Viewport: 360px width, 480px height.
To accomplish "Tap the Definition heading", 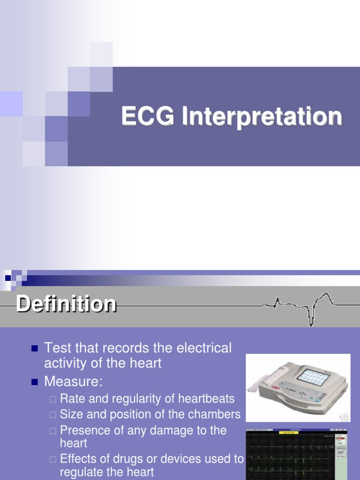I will (66, 304).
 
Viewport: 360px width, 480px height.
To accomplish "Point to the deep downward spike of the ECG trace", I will (310, 319).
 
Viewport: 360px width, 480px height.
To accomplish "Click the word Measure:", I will (73, 382).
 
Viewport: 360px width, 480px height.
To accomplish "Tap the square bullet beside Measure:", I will (34, 382).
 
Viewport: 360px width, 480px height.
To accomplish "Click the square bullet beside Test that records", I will (34, 349).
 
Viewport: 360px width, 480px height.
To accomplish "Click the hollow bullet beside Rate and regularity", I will (52, 399).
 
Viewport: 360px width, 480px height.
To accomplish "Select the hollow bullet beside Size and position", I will (52, 415).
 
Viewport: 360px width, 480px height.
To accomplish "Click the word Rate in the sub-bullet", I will (71, 399).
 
